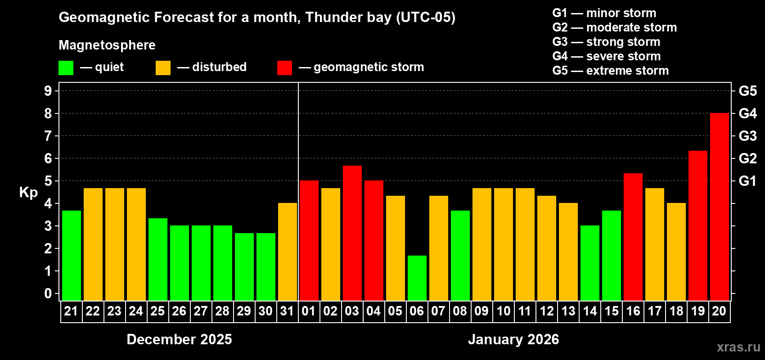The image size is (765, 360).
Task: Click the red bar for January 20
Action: pos(719,207)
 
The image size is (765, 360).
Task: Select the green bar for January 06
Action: pos(417,278)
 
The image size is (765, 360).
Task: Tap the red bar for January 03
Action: pos(352,233)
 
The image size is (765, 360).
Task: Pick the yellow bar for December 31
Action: pos(287,252)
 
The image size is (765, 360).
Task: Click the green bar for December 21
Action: pos(71,256)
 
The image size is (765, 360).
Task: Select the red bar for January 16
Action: pos(633,237)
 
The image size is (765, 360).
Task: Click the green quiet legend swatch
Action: pos(66,68)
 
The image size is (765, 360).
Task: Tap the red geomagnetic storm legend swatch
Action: pos(284,68)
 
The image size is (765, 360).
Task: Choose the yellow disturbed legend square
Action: pos(163,68)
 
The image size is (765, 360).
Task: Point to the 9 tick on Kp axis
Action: pos(48,91)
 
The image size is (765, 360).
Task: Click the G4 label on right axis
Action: pos(747,113)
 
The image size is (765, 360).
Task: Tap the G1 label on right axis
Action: pos(747,181)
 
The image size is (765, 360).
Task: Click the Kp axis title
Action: pos(28,193)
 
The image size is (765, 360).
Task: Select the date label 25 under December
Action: pos(157,311)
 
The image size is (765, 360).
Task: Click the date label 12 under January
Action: pos(546,311)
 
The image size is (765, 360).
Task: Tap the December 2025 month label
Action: pos(179,339)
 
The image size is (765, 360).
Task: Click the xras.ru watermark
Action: pos(738,347)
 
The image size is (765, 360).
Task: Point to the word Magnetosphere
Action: pos(107,45)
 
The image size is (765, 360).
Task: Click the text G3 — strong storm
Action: pos(606,42)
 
